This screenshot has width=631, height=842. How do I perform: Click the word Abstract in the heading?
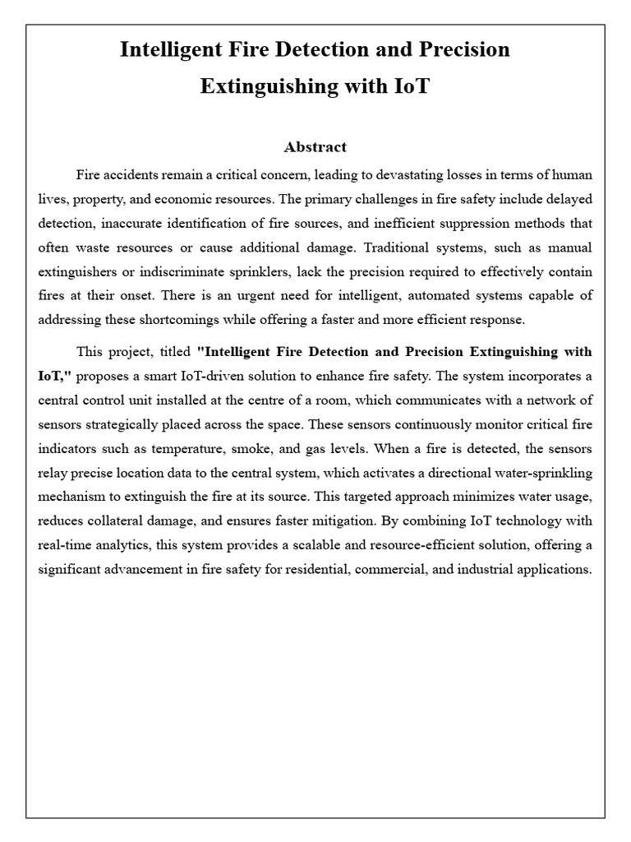(x=315, y=147)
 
